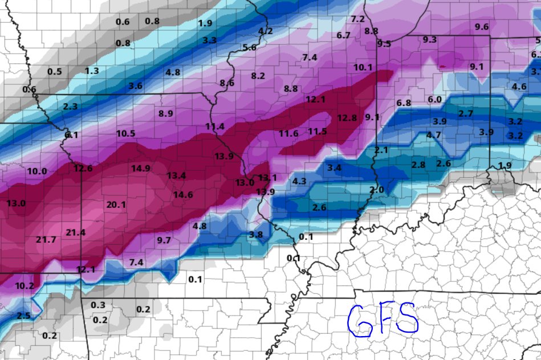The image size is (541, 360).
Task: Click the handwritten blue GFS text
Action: click(383, 319)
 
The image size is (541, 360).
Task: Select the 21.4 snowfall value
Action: click(75, 232)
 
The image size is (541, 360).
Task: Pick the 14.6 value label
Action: click(183, 194)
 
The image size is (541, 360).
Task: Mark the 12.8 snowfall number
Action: click(347, 118)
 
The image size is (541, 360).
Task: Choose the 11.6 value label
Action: click(288, 133)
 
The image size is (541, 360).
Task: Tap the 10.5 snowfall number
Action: click(125, 133)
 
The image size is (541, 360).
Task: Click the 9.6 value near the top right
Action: click(482, 27)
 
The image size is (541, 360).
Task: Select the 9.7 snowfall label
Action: click(164, 240)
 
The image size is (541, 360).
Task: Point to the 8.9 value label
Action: click(166, 113)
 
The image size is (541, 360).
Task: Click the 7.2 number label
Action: click(357, 19)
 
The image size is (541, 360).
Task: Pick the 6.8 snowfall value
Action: click(404, 103)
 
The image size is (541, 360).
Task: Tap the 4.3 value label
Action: click(299, 181)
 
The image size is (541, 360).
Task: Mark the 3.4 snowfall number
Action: click(334, 167)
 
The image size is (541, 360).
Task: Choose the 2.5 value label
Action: click(23, 316)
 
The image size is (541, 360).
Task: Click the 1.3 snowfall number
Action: click(91, 71)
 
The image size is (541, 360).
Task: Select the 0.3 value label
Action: click(98, 305)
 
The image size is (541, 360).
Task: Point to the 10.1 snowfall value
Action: click(363, 67)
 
